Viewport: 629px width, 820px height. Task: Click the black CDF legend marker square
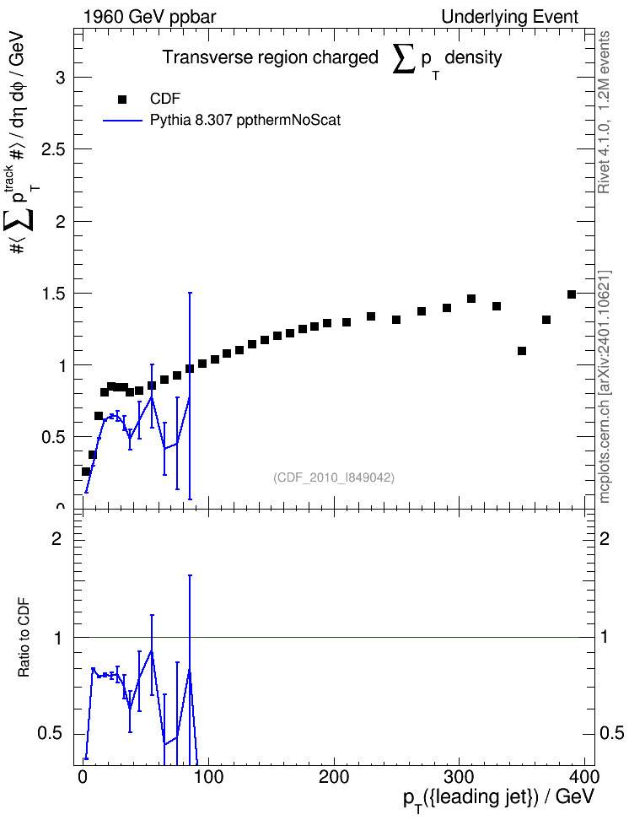pyautogui.click(x=122, y=100)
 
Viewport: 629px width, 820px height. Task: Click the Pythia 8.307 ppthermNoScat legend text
pyautogui.click(x=245, y=121)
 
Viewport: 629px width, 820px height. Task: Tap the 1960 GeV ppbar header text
pyautogui.click(x=149, y=17)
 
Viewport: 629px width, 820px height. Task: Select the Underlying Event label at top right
pyautogui.click(x=510, y=17)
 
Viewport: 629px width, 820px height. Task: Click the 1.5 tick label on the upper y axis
pyautogui.click(x=53, y=294)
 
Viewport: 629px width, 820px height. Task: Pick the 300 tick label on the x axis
pyautogui.click(x=459, y=776)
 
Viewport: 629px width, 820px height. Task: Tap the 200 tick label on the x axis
pyautogui.click(x=334, y=776)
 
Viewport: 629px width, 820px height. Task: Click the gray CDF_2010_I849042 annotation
pyautogui.click(x=334, y=477)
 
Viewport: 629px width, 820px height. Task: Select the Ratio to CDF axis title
pyautogui.click(x=24, y=638)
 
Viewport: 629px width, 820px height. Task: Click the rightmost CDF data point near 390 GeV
pyautogui.click(x=572, y=294)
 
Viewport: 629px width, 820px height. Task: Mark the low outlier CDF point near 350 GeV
pyautogui.click(x=521, y=351)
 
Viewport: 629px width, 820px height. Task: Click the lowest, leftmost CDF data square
pyautogui.click(x=86, y=472)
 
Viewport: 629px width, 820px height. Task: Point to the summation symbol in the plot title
pyautogui.click(x=404, y=58)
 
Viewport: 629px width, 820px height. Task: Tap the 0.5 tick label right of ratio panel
pyautogui.click(x=612, y=733)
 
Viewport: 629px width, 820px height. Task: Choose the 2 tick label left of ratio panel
pyautogui.click(x=56, y=538)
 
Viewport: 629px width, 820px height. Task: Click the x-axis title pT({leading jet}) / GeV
pyautogui.click(x=499, y=799)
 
